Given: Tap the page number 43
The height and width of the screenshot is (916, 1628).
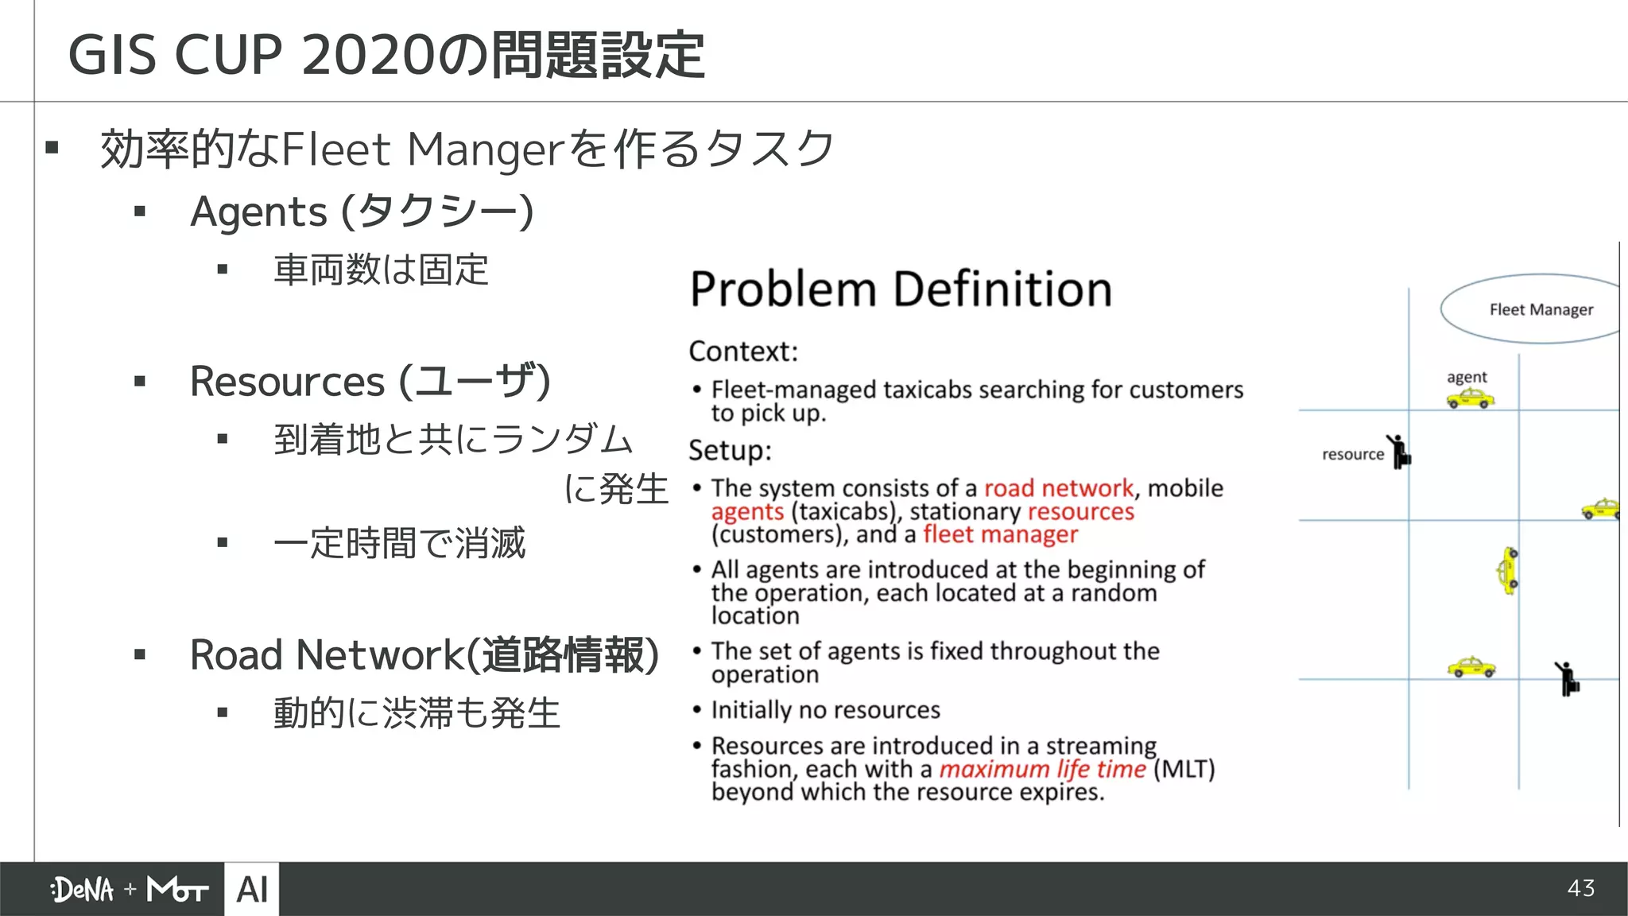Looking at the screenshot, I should [1581, 888].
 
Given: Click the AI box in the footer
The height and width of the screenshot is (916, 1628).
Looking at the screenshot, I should [252, 889].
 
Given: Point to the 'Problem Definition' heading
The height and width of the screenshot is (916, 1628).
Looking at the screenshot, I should [900, 289].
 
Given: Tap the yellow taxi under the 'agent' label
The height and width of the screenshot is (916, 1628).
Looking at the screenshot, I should [1470, 398].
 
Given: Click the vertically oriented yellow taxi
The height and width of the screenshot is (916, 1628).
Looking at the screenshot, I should [1508, 570].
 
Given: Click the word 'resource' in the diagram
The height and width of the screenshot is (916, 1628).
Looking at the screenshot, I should [1352, 454].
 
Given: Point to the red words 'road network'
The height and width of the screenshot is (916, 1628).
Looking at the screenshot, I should [1058, 487].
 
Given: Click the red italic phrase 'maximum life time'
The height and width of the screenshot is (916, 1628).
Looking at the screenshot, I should [1042, 769].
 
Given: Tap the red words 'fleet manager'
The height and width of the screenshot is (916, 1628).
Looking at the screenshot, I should [1000, 534].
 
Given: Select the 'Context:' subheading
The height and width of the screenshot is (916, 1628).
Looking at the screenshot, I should [742, 351].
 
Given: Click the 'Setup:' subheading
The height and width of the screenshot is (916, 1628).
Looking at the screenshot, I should [730, 450].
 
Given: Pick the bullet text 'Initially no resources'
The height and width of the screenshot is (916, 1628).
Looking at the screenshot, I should [825, 709].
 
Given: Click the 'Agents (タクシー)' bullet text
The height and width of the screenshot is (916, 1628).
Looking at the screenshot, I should [362, 212].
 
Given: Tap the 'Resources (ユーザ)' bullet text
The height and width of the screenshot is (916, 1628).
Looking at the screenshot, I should [370, 381].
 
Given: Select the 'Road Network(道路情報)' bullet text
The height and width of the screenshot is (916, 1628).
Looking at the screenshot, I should [424, 655].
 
